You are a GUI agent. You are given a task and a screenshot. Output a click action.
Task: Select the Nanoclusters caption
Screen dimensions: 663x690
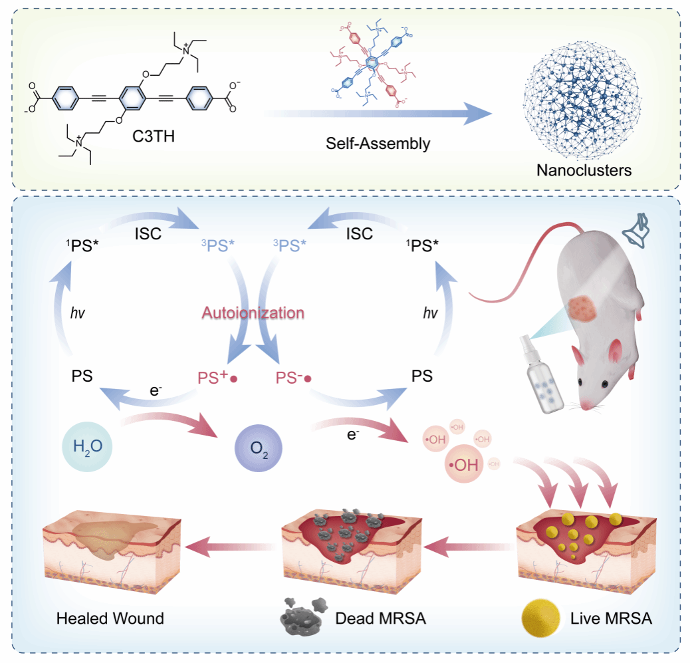pyautogui.click(x=584, y=169)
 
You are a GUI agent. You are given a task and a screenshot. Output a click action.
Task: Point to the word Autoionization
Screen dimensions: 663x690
pyautogui.click(x=253, y=313)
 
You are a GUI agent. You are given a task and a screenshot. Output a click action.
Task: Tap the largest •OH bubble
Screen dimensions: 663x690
pyautogui.click(x=463, y=464)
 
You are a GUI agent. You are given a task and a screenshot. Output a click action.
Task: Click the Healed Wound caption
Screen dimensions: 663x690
pyautogui.click(x=110, y=618)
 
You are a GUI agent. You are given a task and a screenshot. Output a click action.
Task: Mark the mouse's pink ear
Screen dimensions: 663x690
pyautogui.click(x=615, y=351)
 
